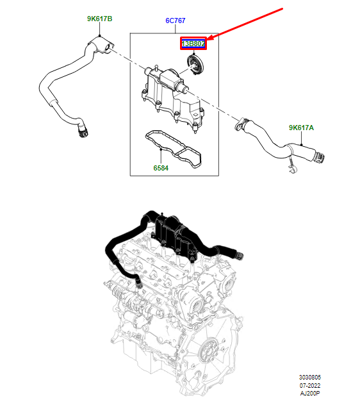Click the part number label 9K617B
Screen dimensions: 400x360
pyautogui.click(x=99, y=19)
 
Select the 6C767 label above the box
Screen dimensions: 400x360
pyautogui.click(x=176, y=21)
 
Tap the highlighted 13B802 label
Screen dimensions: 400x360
pyautogui.click(x=193, y=44)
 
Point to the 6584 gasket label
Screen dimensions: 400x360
pyautogui.click(x=161, y=169)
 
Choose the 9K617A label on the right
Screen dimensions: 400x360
pyautogui.click(x=301, y=128)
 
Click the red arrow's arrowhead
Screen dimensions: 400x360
pyautogui.click(x=209, y=40)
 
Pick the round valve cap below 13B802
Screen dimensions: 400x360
pyautogui.click(x=193, y=64)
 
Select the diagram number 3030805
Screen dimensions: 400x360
pyautogui.click(x=311, y=378)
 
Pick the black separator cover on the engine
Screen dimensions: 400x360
pyautogui.click(x=174, y=235)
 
